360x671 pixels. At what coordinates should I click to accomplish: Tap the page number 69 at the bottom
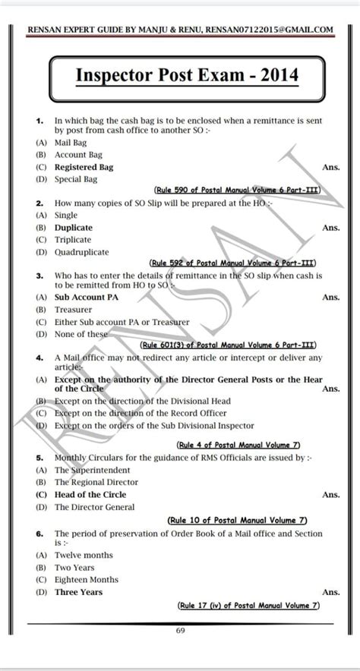tap(180, 630)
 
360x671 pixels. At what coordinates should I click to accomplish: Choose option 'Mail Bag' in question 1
tap(71, 142)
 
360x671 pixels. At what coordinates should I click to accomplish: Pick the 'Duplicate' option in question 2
tap(74, 228)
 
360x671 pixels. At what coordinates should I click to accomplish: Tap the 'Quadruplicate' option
tap(81, 251)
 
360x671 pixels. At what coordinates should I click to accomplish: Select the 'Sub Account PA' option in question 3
tap(84, 297)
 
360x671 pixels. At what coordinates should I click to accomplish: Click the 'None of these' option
tap(81, 333)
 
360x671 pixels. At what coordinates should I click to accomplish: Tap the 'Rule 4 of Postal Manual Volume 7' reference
tap(238, 445)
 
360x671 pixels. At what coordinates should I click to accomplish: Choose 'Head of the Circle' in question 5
tap(90, 494)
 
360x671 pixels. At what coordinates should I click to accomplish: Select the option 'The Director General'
tap(94, 506)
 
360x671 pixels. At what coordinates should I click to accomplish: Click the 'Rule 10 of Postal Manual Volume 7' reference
tap(236, 520)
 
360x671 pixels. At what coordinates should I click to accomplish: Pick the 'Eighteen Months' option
tap(87, 579)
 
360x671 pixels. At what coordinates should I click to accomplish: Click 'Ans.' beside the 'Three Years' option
tap(330, 592)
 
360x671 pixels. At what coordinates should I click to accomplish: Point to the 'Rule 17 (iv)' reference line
tap(247, 605)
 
